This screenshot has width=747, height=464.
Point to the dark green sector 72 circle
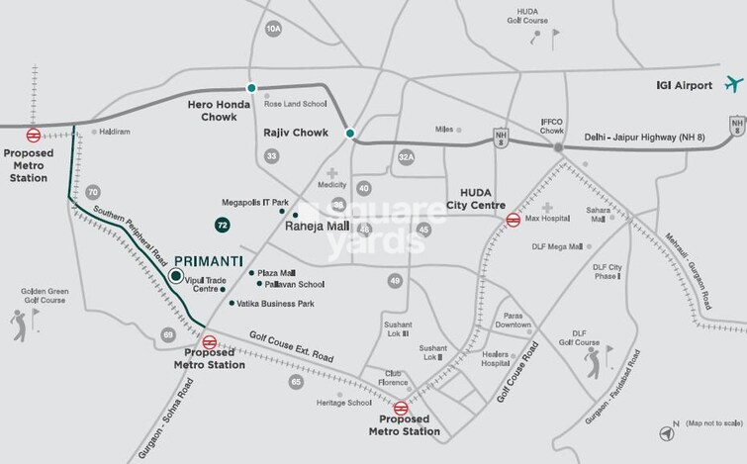point(224,226)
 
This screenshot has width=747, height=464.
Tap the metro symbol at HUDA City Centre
point(513,220)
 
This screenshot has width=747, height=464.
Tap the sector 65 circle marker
point(295,381)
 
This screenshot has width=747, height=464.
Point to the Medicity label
point(330,185)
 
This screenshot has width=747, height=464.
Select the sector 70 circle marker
point(93,191)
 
